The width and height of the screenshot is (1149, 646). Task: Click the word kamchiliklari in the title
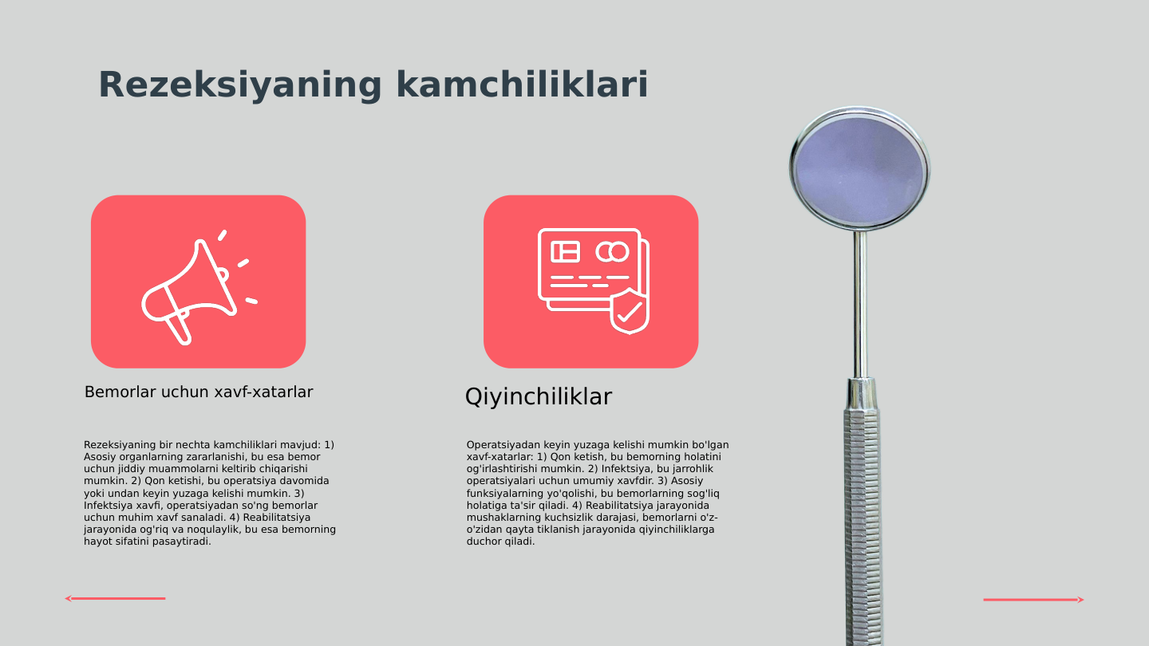coord(522,85)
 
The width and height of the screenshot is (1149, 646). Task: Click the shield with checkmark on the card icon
coord(630,312)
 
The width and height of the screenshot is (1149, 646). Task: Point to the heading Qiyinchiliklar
coord(538,396)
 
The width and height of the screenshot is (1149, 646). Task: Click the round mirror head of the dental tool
coord(859,170)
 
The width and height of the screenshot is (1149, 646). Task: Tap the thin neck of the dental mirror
coord(860,303)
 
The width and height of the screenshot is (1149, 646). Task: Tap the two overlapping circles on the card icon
coord(613,252)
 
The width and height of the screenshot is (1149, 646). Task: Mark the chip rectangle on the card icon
coord(566,252)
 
